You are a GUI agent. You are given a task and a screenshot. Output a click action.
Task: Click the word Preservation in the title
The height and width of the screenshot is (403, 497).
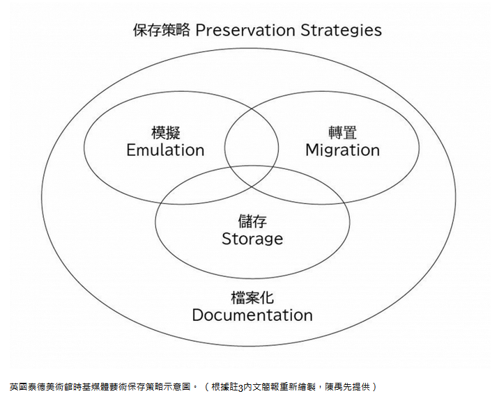click(x=245, y=30)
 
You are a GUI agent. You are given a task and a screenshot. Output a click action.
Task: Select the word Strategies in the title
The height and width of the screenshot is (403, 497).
click(x=341, y=30)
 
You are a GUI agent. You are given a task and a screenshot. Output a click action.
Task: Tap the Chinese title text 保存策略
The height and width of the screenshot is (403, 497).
click(x=161, y=30)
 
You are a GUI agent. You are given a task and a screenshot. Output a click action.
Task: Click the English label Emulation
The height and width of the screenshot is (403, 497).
click(x=165, y=150)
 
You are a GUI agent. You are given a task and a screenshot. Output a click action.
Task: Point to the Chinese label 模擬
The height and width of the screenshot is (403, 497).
click(x=165, y=133)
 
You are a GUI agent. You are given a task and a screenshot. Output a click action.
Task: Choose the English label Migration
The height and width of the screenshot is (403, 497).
click(x=342, y=150)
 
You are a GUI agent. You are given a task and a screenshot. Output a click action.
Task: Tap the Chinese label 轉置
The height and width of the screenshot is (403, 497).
click(x=342, y=133)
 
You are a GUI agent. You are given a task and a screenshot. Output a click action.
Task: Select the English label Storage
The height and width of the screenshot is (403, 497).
click(x=252, y=239)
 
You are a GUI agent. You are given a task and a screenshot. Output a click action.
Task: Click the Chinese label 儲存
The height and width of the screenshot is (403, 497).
click(x=252, y=222)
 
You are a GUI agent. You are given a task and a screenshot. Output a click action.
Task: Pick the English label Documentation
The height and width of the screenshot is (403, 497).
click(x=252, y=315)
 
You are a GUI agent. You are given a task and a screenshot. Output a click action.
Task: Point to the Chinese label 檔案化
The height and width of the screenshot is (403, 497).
click(x=252, y=297)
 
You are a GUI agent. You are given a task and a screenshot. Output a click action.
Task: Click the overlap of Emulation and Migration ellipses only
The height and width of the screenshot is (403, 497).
click(x=252, y=129)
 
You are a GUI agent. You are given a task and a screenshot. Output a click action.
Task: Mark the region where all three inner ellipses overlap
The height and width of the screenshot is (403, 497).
click(x=252, y=174)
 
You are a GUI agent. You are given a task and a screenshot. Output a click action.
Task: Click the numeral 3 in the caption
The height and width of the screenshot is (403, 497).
click(x=240, y=386)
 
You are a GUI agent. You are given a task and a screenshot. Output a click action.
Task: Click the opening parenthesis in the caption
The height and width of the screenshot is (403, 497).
click(x=208, y=386)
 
